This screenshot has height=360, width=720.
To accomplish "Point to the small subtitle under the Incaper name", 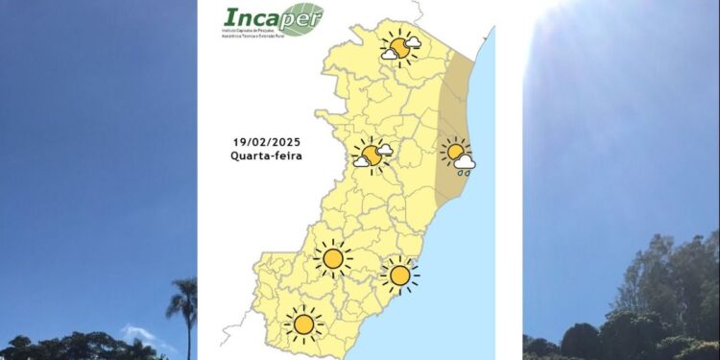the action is pyautogui.click(x=258, y=34).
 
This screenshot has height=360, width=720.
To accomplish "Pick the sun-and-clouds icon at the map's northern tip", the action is pyautogui.click(x=399, y=46).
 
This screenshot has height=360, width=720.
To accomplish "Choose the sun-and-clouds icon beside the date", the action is pyautogui.click(x=372, y=154).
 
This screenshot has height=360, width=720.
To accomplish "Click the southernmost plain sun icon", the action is pyautogui.click(x=304, y=324).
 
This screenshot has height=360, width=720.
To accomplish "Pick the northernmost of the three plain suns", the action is pyautogui.click(x=333, y=258).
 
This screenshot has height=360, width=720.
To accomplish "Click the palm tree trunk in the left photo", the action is pyautogui.click(x=183, y=336).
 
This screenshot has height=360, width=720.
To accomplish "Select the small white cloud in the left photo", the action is pyautogui.click(x=137, y=333).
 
